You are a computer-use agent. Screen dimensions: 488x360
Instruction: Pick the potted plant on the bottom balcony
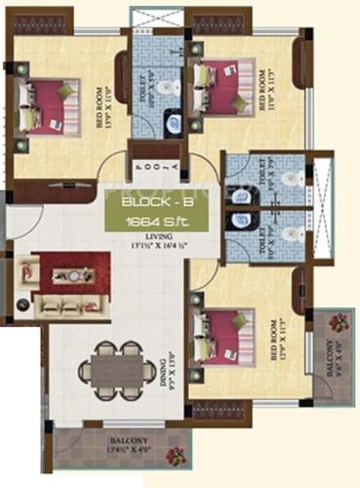176,455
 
